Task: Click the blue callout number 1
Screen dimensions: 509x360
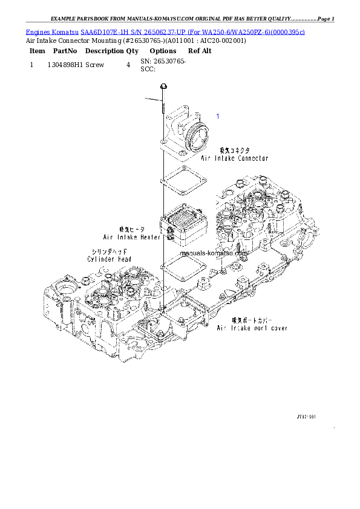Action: point(218,115)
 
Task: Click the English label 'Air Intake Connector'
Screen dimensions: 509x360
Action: point(234,158)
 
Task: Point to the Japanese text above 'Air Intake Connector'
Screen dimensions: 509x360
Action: point(234,150)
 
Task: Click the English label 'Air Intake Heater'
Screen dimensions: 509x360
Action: point(131,237)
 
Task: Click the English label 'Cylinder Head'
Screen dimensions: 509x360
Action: point(109,259)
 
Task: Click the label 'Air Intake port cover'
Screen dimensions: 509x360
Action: point(252,328)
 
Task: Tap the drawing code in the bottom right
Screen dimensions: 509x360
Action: point(306,417)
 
